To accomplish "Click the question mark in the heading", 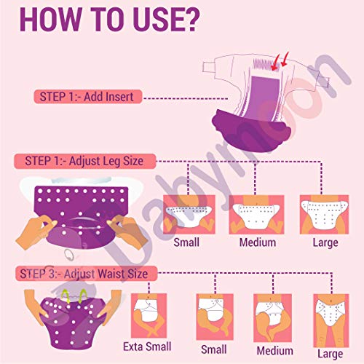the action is pyautogui.click(x=190, y=20).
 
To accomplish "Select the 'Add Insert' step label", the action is pyautogui.click(x=88, y=97).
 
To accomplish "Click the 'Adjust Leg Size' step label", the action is pyautogui.click(x=85, y=161).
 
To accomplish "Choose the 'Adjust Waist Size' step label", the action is pyautogui.click(x=86, y=274).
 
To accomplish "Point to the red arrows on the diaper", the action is pyautogui.click(x=280, y=60).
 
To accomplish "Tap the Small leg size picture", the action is pyautogui.click(x=189, y=214).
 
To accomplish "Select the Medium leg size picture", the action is pyautogui.click(x=256, y=214).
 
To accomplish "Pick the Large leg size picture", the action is pyautogui.click(x=324, y=214).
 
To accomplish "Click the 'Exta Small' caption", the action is pyautogui.click(x=147, y=347).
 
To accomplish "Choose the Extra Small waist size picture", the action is pyautogui.click(x=149, y=315).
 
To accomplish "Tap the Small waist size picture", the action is pyautogui.click(x=215, y=317).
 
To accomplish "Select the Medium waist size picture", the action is pyautogui.click(x=272, y=318).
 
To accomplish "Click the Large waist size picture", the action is pyautogui.click(x=331, y=320).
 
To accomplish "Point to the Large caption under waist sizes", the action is pyautogui.click(x=331, y=355).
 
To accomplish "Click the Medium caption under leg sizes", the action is pyautogui.click(x=258, y=242).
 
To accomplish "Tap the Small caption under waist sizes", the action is pyautogui.click(x=214, y=349).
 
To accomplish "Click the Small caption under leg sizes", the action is pyautogui.click(x=186, y=242).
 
